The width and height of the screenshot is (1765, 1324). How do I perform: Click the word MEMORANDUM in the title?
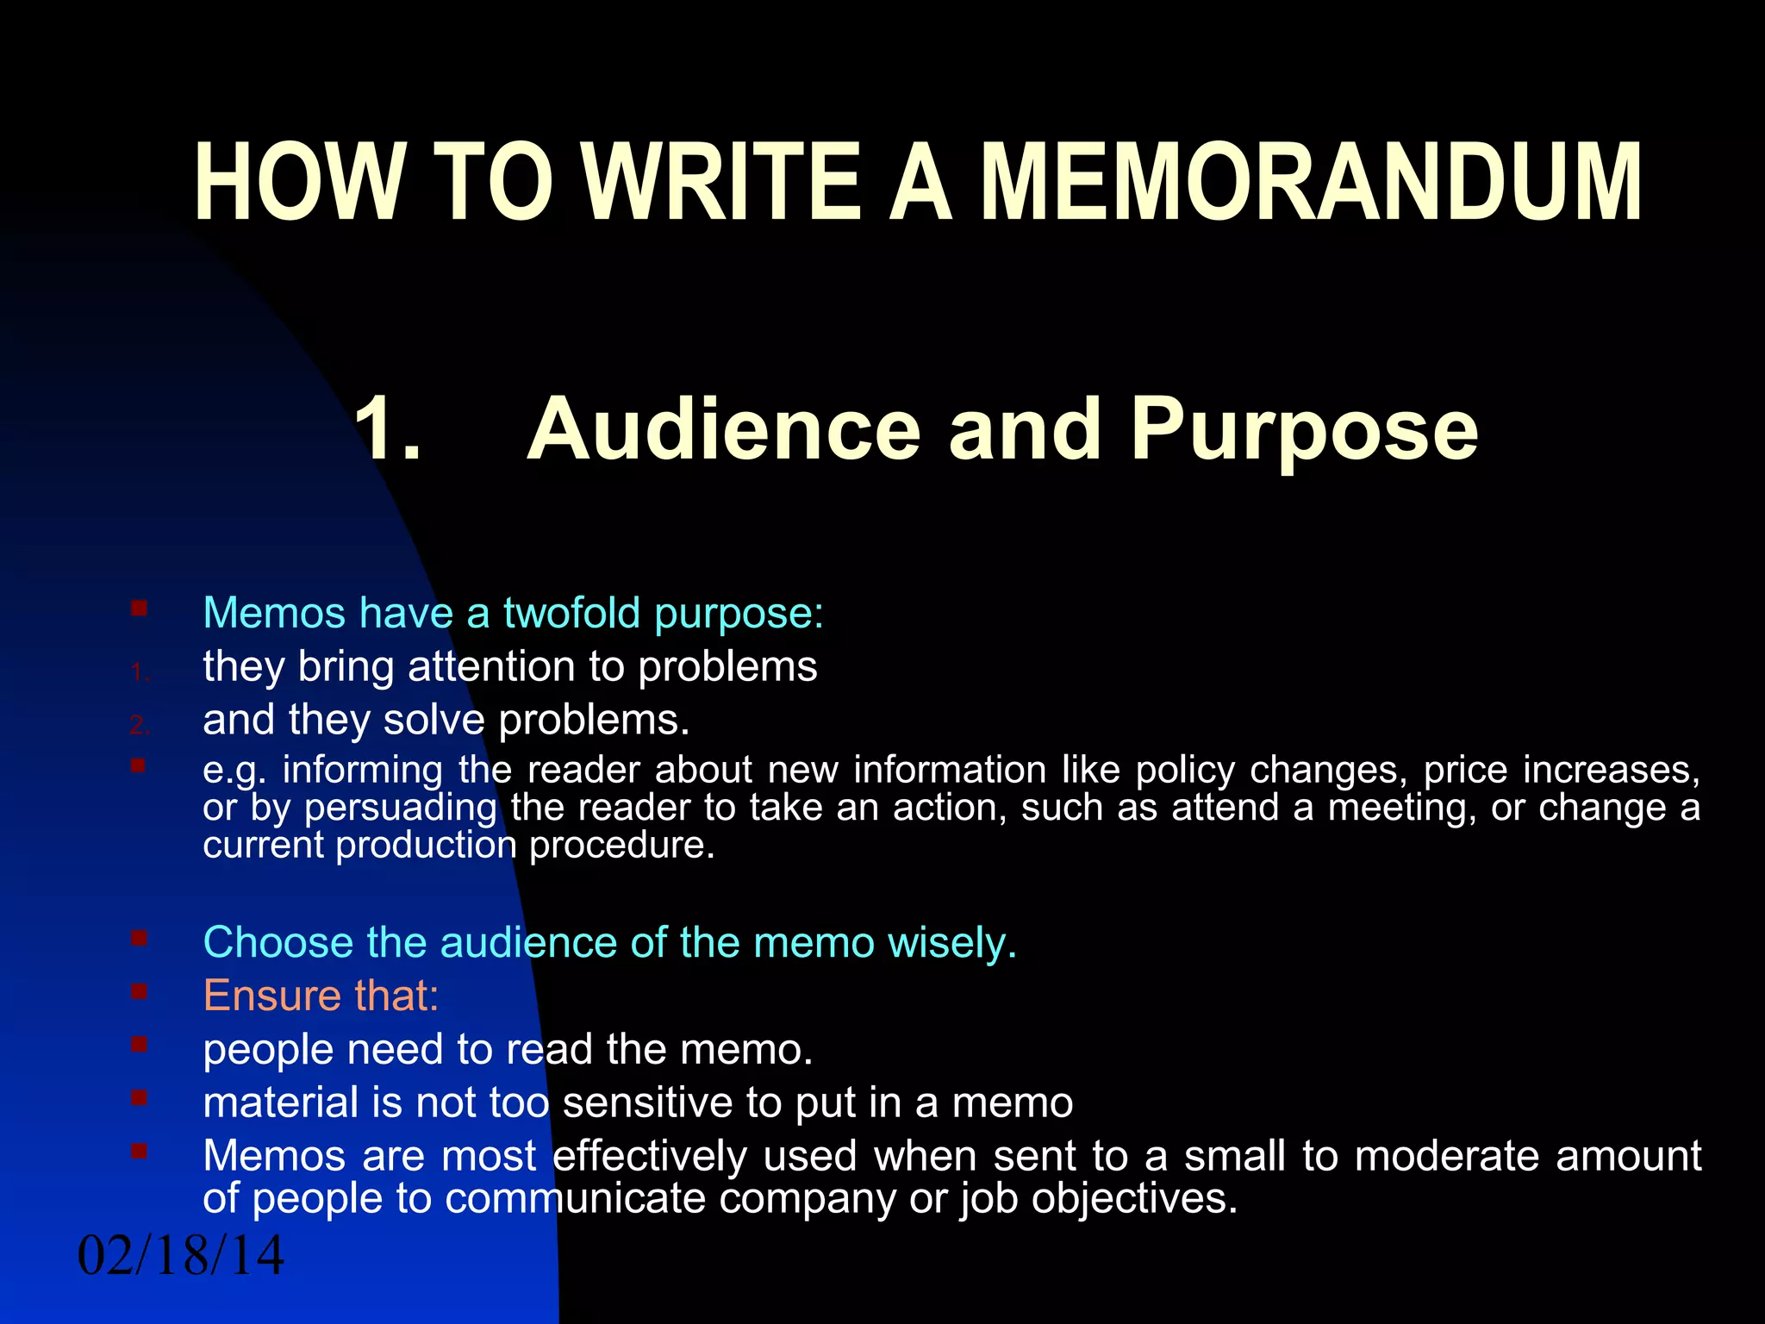1310,183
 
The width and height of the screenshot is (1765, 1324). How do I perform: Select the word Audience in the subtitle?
724,429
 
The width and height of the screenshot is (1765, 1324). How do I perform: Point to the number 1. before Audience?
388,429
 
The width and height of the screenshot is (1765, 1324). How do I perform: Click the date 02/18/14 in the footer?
181,1255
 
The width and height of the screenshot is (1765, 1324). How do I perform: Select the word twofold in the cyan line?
572,613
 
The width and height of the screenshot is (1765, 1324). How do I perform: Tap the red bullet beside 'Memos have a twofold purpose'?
139,609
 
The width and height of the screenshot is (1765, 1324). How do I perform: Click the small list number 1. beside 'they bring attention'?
140,673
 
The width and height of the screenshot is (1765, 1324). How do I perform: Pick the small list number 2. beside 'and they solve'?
140,726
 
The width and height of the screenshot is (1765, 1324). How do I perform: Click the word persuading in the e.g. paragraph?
401,808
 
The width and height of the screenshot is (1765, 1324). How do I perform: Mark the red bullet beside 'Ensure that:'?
139,991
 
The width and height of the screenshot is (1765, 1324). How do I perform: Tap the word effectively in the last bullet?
650,1156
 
